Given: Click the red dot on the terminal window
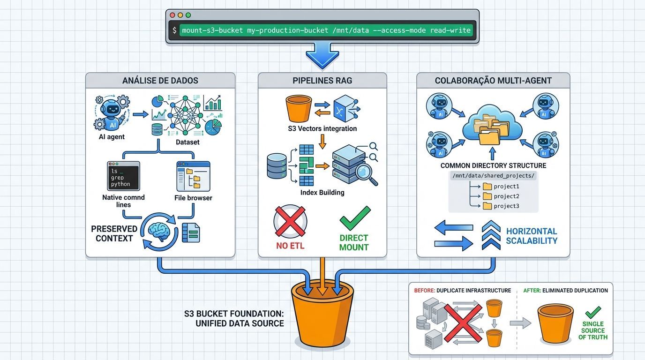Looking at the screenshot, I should coord(172,15).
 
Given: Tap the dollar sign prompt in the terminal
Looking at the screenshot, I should coord(175,30).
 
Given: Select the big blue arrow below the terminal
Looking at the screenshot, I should coord(322,54).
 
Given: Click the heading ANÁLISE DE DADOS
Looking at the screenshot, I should coord(160,81).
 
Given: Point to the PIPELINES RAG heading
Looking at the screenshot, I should coord(322,81).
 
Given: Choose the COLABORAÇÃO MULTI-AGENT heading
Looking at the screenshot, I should coord(493,81).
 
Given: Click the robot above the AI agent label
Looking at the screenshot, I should coord(111,113).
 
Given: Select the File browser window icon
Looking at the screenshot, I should coord(193,176).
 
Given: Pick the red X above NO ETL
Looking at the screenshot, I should coord(290,221).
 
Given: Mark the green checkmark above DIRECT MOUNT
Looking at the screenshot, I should coord(354,218).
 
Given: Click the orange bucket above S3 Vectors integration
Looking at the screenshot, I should coord(299,109).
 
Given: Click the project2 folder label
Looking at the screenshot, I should coord(506,196).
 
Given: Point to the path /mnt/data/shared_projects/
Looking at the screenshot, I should coord(494,175).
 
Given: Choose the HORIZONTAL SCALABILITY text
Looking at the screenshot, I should coord(532,236).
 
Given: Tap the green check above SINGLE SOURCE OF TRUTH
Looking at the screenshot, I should coord(593,312).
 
